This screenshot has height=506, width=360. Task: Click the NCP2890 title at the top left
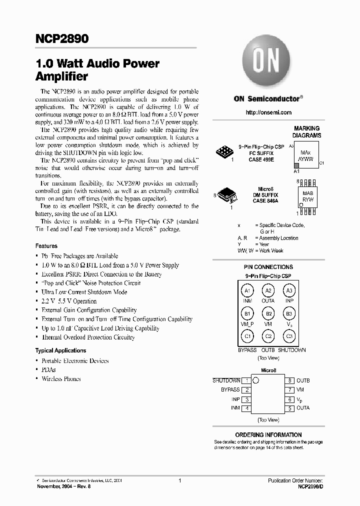coord(61,39)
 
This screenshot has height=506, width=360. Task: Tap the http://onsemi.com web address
coord(268,112)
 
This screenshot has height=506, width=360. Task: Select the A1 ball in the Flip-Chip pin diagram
coord(247,290)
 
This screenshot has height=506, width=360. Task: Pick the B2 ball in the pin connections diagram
coord(268,313)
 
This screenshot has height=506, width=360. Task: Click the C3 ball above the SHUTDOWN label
coord(289,336)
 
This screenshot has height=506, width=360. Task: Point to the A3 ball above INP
coord(289,290)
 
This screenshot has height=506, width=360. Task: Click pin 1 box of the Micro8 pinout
coord(246,381)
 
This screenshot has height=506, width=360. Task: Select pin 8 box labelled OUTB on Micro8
coord(289,381)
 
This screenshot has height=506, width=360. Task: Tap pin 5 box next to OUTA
coord(289,408)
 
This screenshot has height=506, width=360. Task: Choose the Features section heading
coord(46,246)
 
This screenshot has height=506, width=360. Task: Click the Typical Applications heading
coord(60,350)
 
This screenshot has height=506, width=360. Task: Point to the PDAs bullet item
coord(48,369)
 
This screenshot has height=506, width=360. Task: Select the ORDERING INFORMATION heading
coord(268,434)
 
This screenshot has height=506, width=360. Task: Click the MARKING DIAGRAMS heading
coord(306,132)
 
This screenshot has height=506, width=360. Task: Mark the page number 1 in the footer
coord(179,480)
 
